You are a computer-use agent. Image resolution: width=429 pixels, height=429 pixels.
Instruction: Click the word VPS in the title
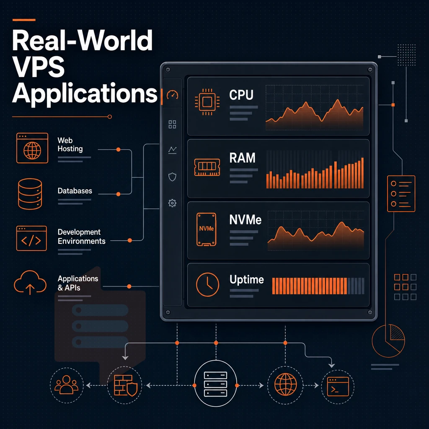pos(38,67)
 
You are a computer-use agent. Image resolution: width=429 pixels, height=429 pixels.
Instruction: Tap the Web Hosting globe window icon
pos(32,148)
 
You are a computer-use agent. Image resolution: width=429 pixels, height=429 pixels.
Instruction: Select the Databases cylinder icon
pos(30,194)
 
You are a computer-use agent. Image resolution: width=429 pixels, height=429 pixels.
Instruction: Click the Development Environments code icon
pos(31,238)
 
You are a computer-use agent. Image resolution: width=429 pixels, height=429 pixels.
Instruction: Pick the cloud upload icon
pos(30,282)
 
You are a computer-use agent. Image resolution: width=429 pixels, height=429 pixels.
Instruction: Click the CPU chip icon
pos(207,102)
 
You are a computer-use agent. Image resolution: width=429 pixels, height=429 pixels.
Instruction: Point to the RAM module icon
pos(207,167)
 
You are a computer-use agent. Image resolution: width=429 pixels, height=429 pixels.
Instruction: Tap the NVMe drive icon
pos(206,229)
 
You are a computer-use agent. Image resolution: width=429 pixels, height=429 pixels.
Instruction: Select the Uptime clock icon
pos(208,284)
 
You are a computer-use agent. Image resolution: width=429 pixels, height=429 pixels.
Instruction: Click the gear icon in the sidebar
pos(172,203)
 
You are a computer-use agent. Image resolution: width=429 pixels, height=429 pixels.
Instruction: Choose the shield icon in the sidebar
pos(172,177)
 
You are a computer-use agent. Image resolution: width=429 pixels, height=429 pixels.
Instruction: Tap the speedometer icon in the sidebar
pos(172,95)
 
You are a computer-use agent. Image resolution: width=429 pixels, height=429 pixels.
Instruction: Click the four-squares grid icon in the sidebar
pos(172,124)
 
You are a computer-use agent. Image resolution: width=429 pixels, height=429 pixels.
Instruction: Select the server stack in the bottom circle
pos(216,384)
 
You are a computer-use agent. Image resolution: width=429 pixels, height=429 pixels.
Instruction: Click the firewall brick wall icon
pos(126,385)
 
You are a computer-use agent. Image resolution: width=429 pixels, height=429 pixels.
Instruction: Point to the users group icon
pos(67,385)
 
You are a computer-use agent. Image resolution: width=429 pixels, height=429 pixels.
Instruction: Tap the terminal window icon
pos(338,387)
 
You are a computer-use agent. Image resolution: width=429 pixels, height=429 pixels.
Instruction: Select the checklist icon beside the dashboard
pos(401,194)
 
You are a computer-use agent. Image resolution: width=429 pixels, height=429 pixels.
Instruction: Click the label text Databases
pos(75,191)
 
